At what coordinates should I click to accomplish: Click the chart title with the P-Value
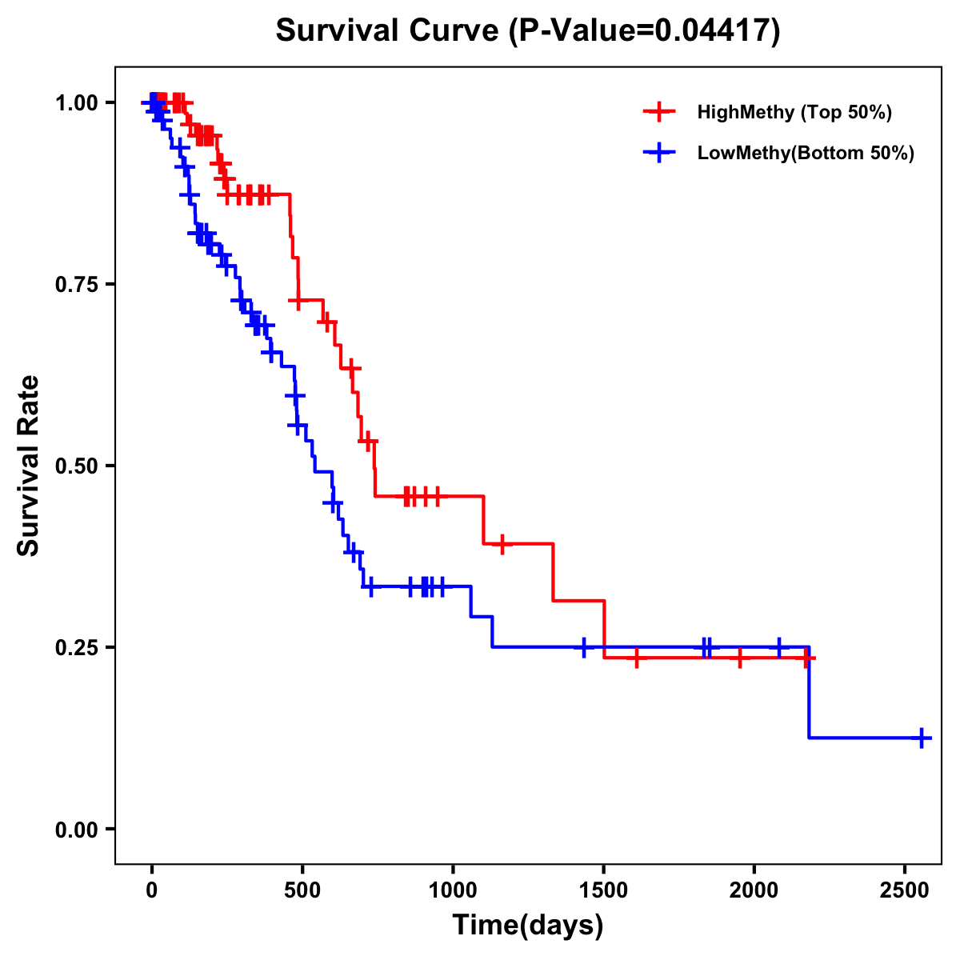[527, 31]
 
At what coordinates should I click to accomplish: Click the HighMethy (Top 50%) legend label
[794, 112]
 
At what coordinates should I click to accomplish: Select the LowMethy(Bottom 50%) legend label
[805, 154]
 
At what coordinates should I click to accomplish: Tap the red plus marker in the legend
[659, 112]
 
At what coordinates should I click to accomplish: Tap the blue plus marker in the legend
[659, 154]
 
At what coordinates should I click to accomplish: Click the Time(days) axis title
[528, 926]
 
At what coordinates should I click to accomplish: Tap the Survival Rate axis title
[29, 465]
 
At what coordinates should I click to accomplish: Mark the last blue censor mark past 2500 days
[922, 738]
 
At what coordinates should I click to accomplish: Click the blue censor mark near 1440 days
[584, 647]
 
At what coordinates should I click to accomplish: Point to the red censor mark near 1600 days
[636, 658]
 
